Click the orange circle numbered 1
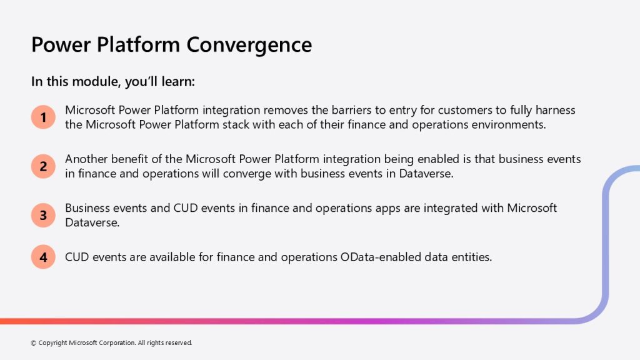(x=43, y=117)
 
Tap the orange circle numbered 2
(x=43, y=166)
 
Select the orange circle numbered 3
(x=43, y=215)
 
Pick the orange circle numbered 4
(x=43, y=257)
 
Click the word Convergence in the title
(x=249, y=45)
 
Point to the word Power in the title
(x=61, y=44)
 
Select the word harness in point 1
(x=556, y=110)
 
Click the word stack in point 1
(x=236, y=124)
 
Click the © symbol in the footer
(x=34, y=343)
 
